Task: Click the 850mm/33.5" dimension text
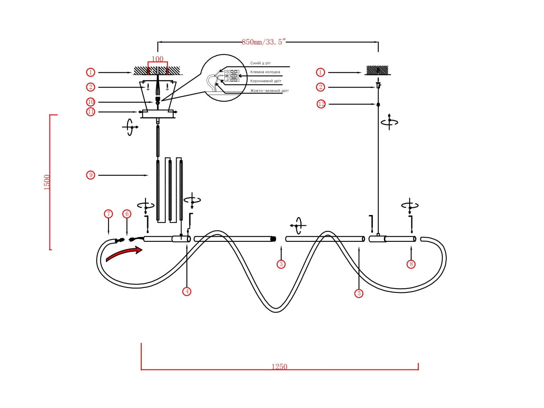pos(263,42)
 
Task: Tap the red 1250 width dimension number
pos(279,367)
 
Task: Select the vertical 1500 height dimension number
pos(47,182)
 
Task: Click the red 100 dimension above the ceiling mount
pos(157,59)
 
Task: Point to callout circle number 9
pos(91,175)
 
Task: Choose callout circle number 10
pos(91,102)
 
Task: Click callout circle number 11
pos(91,112)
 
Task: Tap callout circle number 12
pos(321,104)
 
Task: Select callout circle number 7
pos(108,214)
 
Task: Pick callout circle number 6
pos(127,214)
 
